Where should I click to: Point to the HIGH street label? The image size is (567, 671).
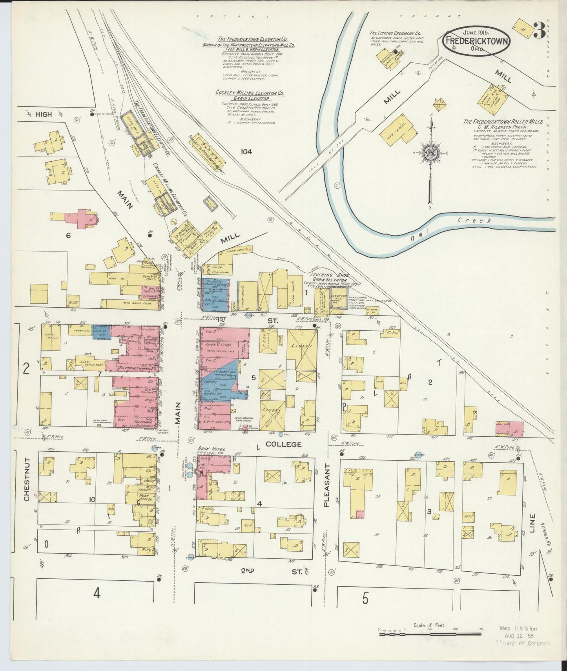(x=43, y=115)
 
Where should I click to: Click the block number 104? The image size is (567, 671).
(x=246, y=151)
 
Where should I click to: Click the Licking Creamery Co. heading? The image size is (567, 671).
(x=395, y=33)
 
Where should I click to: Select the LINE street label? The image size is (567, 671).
(x=532, y=523)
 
